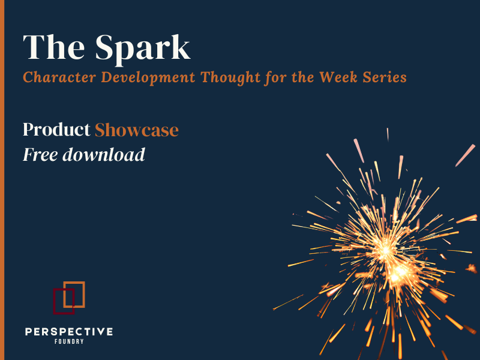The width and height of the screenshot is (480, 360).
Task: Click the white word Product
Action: (x=56, y=130)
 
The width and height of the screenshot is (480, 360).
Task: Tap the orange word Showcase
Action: (x=137, y=130)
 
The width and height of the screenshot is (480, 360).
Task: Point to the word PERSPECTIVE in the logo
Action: (x=69, y=331)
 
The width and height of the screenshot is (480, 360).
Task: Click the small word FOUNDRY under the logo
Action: (x=69, y=341)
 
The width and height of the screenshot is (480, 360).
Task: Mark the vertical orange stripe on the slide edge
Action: (x=2, y=180)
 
